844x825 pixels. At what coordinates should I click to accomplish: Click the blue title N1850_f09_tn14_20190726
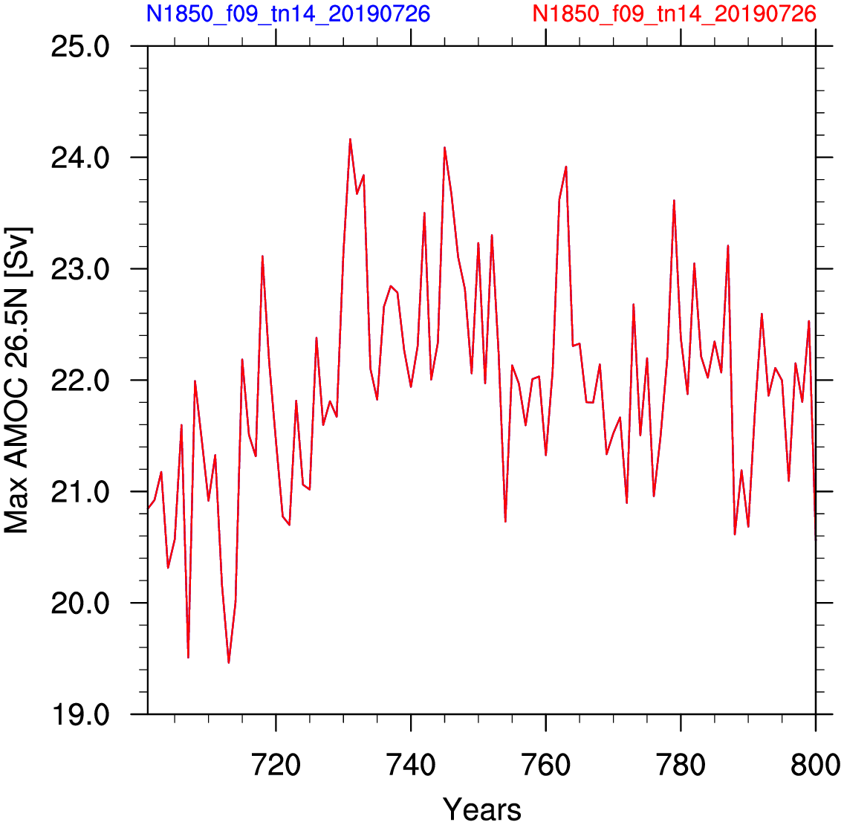tap(288, 13)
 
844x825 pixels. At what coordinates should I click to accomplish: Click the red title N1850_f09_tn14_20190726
tap(675, 13)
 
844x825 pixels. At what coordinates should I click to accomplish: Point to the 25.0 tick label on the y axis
tap(80, 47)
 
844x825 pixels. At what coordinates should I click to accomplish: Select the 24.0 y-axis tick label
tap(80, 158)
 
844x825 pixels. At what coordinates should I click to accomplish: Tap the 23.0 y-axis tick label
tap(80, 269)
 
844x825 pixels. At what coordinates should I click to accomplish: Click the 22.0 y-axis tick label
tap(80, 381)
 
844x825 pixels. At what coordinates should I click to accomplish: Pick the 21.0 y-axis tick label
tap(80, 492)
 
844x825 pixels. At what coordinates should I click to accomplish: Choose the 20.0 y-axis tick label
tap(80, 603)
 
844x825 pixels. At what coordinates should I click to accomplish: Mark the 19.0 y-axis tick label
tap(80, 714)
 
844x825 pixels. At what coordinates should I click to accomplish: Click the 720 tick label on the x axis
tap(276, 766)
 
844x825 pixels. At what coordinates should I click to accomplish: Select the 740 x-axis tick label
tap(412, 766)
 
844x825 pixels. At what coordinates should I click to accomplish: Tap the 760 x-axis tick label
tap(546, 766)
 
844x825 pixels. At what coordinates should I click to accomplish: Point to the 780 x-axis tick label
tap(681, 766)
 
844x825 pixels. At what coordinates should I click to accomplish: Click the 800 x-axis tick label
tap(815, 766)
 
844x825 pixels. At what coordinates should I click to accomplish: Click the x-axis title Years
tap(481, 809)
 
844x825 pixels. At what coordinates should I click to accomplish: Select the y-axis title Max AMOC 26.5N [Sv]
tap(17, 381)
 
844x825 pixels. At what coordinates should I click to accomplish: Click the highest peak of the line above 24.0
tap(351, 140)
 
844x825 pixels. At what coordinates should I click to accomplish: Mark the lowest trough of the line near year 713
tap(229, 662)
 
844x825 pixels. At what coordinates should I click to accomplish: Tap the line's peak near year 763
tap(566, 167)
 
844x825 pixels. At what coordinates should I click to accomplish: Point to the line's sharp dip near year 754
tap(505, 521)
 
